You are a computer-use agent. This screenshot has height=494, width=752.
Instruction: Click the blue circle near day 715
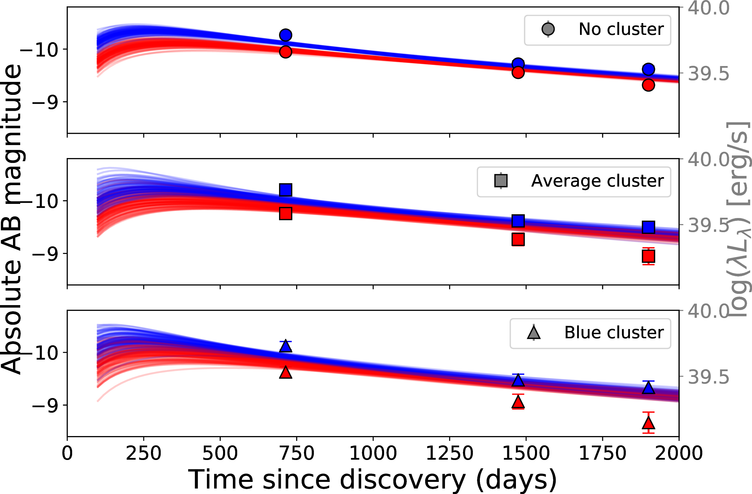(285, 35)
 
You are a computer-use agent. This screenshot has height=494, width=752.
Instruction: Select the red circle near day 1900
(648, 85)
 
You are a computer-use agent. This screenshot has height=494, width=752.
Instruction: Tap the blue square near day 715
(285, 190)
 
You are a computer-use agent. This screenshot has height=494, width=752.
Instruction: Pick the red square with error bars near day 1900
(648, 256)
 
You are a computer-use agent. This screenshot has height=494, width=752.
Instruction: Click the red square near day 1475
(518, 239)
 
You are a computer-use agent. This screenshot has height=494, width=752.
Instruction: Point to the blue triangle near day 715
(285, 346)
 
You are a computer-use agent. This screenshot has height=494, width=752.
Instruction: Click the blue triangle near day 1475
(518, 380)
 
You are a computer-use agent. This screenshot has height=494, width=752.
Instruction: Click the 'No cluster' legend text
(621, 29)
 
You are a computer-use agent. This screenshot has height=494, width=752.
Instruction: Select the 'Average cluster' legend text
(597, 181)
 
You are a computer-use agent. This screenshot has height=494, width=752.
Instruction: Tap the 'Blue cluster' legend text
(614, 333)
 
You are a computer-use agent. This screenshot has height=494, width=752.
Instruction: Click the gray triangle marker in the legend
(534, 333)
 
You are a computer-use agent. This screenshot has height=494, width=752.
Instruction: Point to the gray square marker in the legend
(501, 181)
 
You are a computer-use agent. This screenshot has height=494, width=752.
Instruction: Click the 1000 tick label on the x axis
(373, 453)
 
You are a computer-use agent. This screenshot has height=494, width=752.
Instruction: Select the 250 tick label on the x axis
(143, 453)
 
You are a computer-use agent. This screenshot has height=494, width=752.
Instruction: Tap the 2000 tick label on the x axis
(679, 453)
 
